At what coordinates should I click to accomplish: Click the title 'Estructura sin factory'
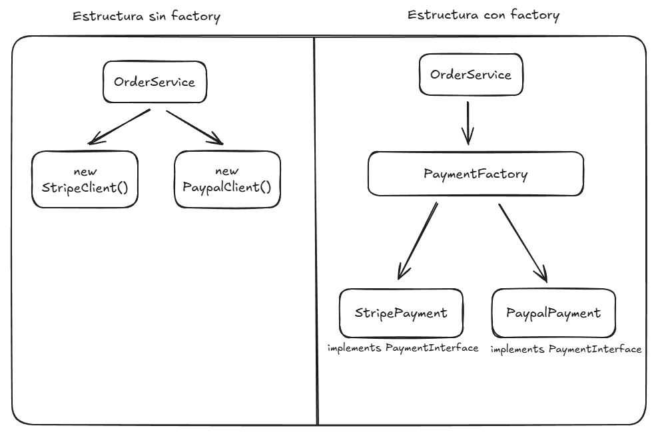click(x=147, y=17)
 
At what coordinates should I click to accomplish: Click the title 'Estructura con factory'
click(x=483, y=15)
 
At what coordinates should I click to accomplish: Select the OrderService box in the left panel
click(x=155, y=83)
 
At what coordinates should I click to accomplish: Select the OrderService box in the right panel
click(x=471, y=75)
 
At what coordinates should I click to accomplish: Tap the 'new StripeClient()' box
click(x=85, y=179)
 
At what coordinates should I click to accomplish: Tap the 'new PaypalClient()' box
click(x=227, y=179)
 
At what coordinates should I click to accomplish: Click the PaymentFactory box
click(x=476, y=175)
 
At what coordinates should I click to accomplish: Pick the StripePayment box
click(x=400, y=313)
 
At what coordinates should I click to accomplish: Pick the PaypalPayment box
click(x=553, y=313)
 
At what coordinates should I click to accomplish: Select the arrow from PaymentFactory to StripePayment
click(x=418, y=240)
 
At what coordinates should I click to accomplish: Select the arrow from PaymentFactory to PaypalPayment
click(x=523, y=241)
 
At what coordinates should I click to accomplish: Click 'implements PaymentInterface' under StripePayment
click(x=402, y=348)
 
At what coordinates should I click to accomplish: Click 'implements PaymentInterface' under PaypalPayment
click(x=565, y=349)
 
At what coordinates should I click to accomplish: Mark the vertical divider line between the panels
click(x=316, y=233)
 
